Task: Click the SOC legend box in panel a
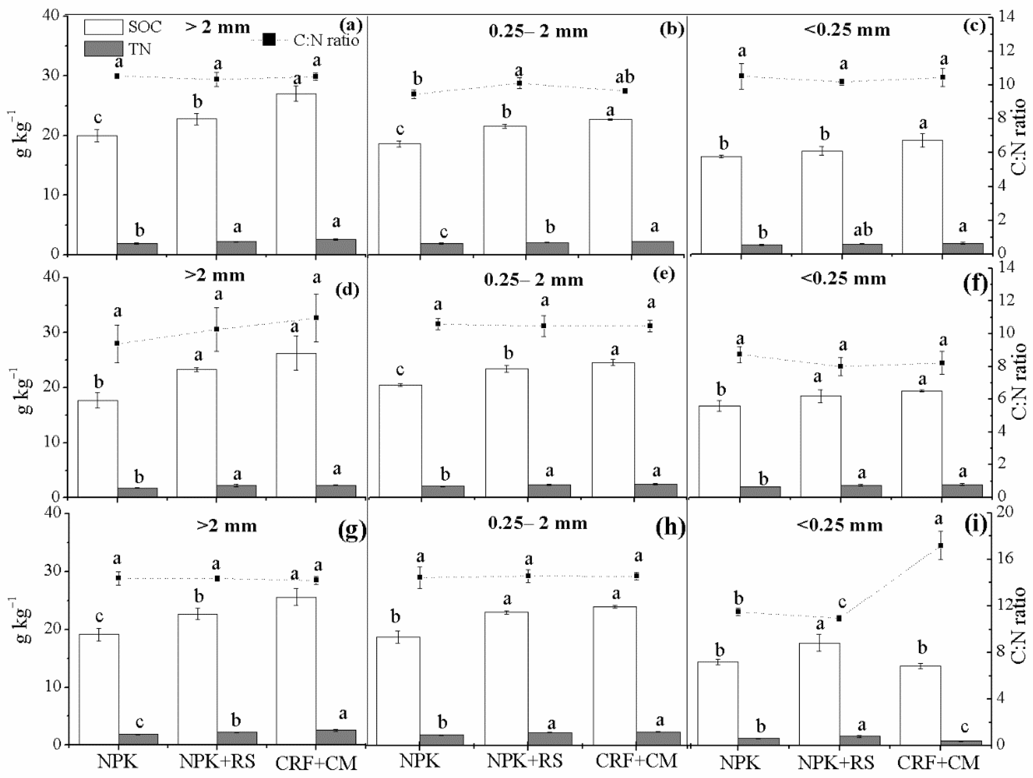(104, 27)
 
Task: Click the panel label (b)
(671, 29)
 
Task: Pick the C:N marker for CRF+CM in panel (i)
(940, 545)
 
